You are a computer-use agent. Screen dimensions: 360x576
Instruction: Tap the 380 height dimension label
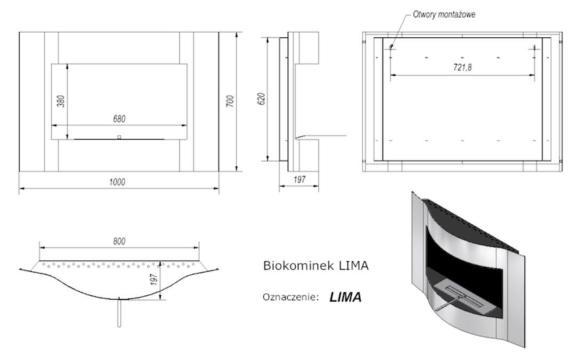pyautogui.click(x=60, y=102)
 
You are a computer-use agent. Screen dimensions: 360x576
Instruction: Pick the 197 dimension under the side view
pyautogui.click(x=299, y=180)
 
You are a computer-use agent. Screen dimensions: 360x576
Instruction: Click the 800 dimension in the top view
pyautogui.click(x=118, y=241)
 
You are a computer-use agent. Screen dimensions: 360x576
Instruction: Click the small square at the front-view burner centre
pyautogui.click(x=119, y=138)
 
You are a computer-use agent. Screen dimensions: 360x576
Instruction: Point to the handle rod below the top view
pyautogui.click(x=119, y=315)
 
